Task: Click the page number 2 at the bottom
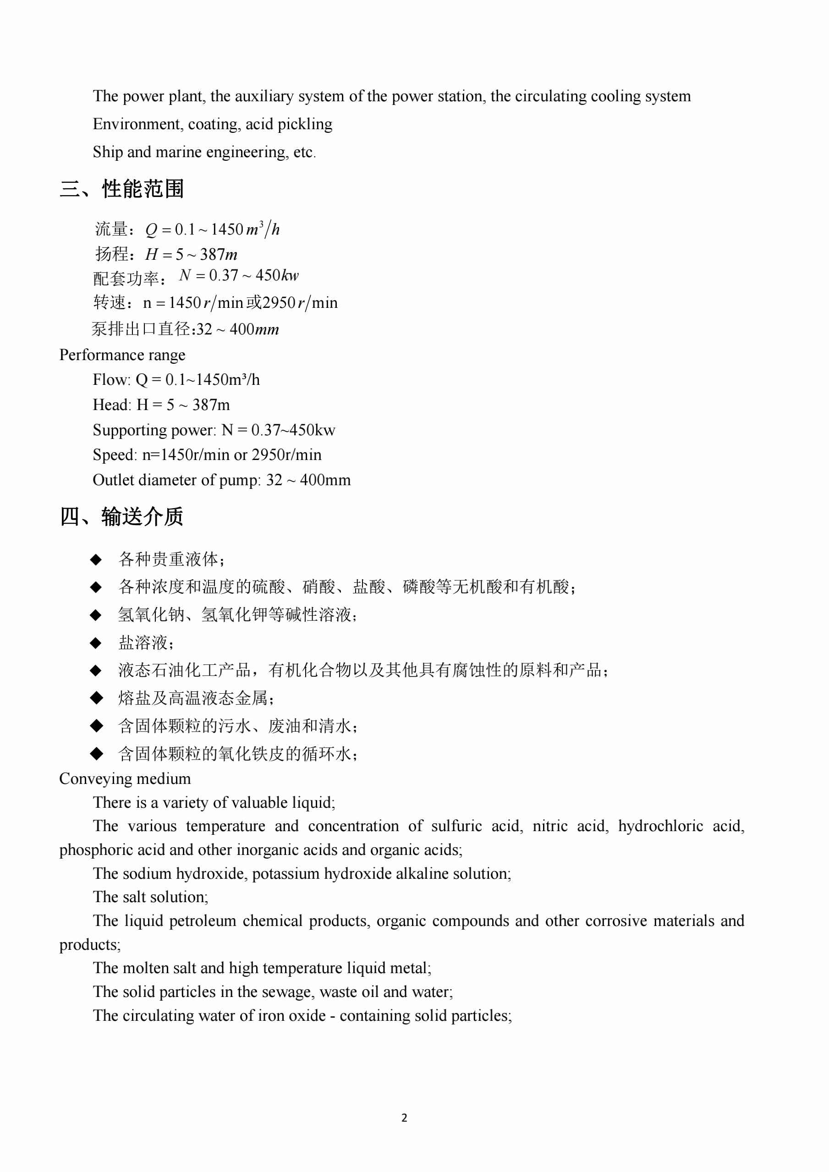[404, 1118]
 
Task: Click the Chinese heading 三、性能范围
[121, 189]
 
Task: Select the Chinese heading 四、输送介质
[121, 516]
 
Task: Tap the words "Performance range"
[122, 355]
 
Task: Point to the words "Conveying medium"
[125, 779]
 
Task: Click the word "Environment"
[136, 125]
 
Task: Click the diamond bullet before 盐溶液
[96, 643]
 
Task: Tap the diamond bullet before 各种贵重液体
[96, 559]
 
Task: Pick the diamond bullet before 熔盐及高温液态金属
[96, 698]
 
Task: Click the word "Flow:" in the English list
[112, 380]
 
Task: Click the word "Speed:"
[115, 455]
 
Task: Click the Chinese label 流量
[111, 229]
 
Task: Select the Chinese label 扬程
[111, 254]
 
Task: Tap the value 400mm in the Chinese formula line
[254, 329]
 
